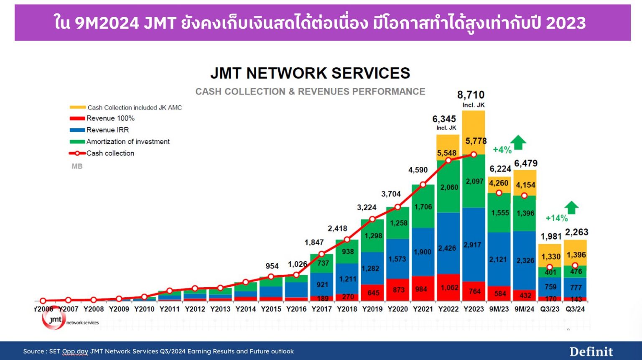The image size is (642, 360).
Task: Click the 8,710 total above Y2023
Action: coord(471,95)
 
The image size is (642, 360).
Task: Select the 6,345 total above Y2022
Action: coord(444,119)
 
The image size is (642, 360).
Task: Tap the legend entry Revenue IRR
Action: coord(107,130)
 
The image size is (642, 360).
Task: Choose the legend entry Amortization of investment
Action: coord(128,142)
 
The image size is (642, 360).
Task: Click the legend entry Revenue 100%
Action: coord(110,118)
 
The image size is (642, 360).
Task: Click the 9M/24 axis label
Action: coord(524,309)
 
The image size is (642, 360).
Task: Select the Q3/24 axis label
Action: coord(575,309)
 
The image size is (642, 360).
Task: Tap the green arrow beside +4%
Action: coord(518,143)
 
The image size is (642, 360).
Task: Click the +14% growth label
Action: coord(556,218)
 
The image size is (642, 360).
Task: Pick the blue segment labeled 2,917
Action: coord(473,245)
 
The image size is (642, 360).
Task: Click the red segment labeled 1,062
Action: coord(448,288)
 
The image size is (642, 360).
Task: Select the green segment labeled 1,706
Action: coord(423,207)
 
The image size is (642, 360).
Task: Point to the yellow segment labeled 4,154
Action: coord(525,184)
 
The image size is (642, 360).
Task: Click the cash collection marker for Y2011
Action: coord(170,291)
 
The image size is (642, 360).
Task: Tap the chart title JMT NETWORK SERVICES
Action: coord(310,73)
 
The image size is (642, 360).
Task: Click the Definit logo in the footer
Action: coord(591,352)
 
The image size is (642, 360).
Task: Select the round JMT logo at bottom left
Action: coord(53,320)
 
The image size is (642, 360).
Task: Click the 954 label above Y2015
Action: coord(272,266)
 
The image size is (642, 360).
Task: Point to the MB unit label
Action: coord(77,166)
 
